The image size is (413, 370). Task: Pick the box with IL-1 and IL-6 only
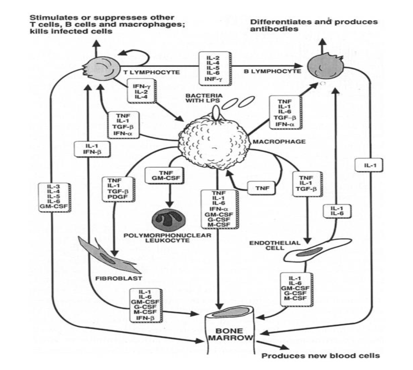[337, 211]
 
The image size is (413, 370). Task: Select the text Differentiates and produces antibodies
[314, 25]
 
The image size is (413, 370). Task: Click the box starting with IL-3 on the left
[55, 197]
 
